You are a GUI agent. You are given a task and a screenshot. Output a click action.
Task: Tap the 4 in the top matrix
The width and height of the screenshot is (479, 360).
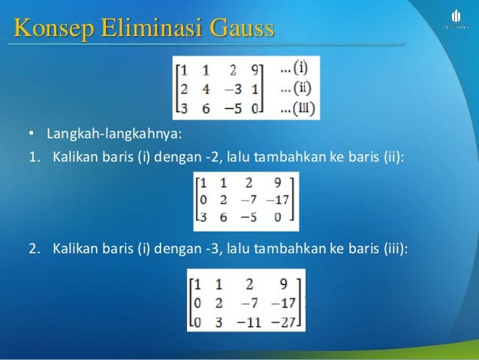click(x=206, y=89)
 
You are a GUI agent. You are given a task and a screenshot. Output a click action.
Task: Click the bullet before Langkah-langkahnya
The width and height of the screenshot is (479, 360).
click(x=32, y=135)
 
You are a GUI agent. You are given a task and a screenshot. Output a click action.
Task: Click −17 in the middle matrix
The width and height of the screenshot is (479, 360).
click(x=278, y=201)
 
